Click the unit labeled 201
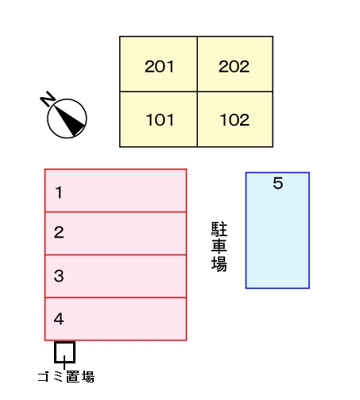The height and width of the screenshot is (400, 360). [x=158, y=64]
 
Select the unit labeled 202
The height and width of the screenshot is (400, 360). [x=234, y=64]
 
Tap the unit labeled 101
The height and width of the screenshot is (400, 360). [x=158, y=119]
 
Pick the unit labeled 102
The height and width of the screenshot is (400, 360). [x=234, y=119]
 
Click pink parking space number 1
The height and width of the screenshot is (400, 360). [x=115, y=191]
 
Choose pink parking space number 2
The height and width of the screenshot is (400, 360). [x=115, y=233]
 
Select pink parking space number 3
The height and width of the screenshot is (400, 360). [x=115, y=276]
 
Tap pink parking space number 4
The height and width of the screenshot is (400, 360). [x=115, y=319]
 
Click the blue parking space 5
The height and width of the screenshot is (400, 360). [x=277, y=231]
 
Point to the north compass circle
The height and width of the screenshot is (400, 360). [x=67, y=118]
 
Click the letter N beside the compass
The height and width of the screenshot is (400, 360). [x=48, y=99]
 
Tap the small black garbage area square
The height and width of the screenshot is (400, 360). [x=64, y=351]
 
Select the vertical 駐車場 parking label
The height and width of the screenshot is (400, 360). [x=219, y=247]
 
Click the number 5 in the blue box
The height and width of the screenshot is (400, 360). [x=277, y=184]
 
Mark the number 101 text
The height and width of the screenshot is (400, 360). [x=160, y=121]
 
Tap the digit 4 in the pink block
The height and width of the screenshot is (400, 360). [x=59, y=320]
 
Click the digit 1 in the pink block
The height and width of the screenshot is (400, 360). [x=59, y=192]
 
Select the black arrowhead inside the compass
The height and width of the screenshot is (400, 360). [x=74, y=122]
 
